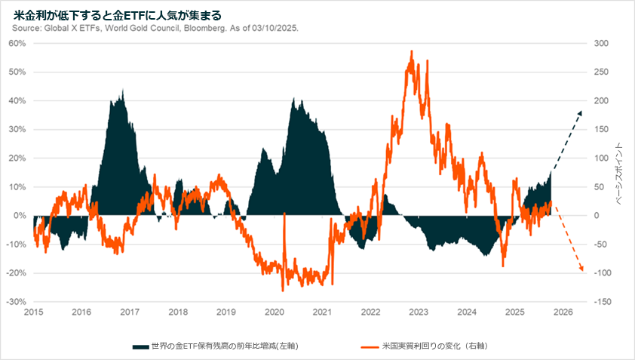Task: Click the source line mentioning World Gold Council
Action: coord(155,29)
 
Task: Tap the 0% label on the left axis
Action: coord(21,216)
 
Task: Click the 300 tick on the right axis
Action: coord(601,44)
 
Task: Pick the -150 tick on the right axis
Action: coord(601,302)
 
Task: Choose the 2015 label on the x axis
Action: coord(33,312)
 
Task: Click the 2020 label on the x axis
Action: coord(274,312)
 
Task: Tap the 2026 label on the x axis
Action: coord(563,312)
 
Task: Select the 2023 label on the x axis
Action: coord(419,312)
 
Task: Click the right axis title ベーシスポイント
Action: coord(621,173)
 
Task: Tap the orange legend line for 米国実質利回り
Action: coord(369,346)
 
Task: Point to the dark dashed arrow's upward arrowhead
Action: coord(581,112)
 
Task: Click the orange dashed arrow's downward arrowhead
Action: coord(582,270)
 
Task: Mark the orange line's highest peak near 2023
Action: coord(411,51)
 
